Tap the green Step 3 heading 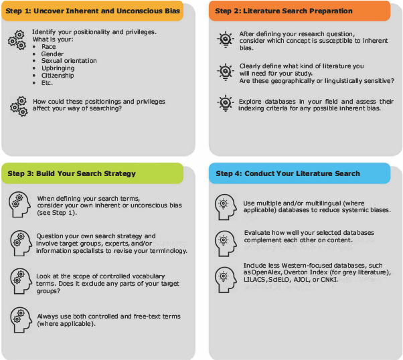tap(92, 173)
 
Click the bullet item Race tap(48, 47)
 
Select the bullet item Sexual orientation tap(68, 61)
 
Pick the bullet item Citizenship tap(57, 75)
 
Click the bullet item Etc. tap(48, 82)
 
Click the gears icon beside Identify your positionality tap(17, 39)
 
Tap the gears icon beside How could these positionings tap(18, 105)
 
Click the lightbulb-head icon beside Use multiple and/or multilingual tap(224, 205)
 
